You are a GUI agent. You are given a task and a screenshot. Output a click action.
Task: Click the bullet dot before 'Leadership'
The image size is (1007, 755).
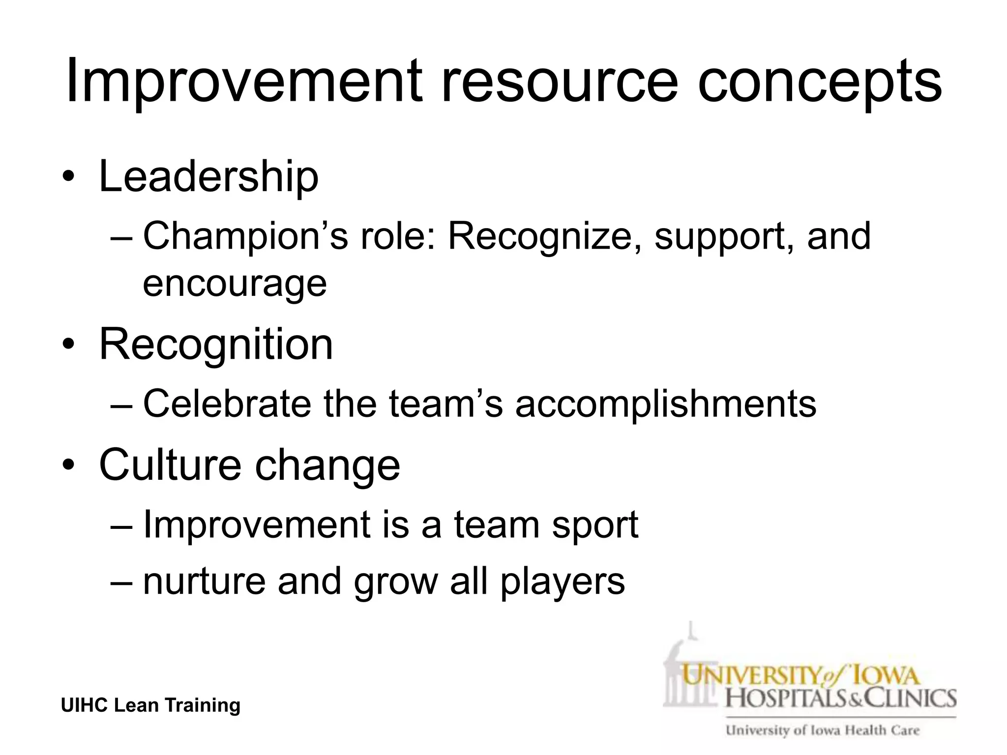click(x=68, y=177)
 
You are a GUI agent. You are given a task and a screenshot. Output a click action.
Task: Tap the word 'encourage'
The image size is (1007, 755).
click(x=235, y=284)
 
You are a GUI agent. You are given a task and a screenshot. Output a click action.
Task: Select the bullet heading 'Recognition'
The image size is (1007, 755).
click(x=216, y=344)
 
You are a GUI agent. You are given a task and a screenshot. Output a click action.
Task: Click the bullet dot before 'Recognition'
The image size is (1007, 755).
click(x=68, y=346)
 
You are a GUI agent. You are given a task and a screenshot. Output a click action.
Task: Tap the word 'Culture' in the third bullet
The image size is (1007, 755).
click(x=170, y=465)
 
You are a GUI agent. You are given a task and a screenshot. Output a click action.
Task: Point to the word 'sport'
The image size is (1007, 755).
click(x=595, y=525)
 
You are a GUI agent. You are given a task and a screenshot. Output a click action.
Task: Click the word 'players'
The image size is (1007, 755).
click(x=563, y=581)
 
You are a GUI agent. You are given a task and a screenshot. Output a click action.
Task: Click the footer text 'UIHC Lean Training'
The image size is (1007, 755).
click(x=150, y=705)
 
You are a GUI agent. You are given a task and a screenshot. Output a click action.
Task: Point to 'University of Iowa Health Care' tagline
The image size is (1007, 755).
click(x=823, y=730)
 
